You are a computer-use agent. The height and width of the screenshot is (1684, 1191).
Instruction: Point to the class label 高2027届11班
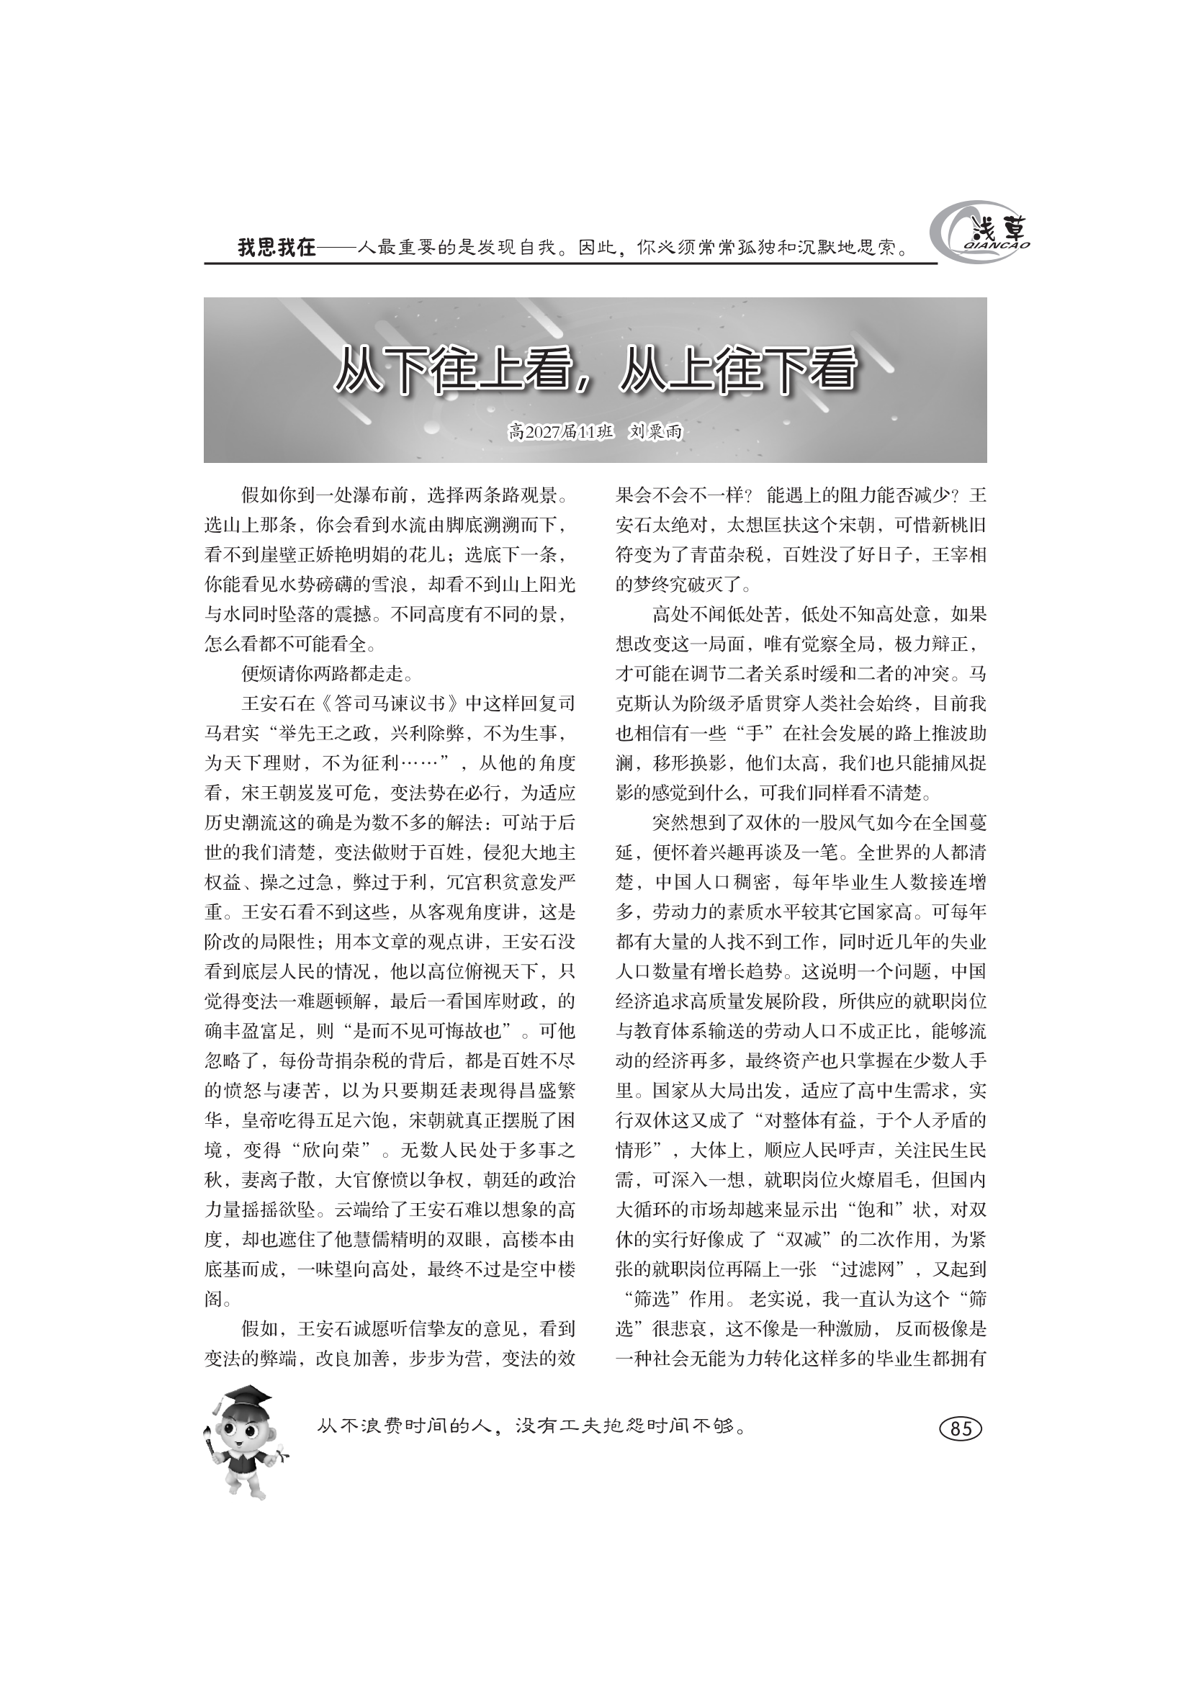561,432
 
